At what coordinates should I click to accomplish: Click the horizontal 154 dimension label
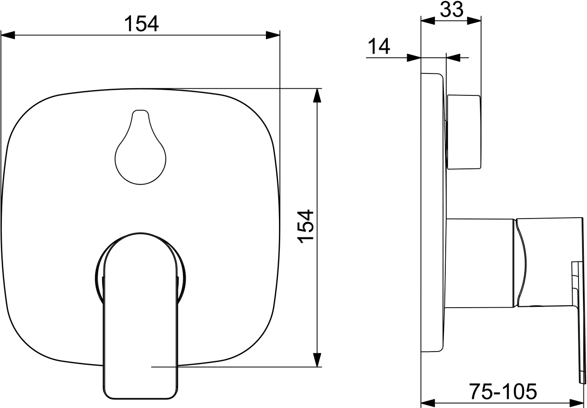[141, 23]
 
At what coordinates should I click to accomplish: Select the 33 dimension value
[451, 9]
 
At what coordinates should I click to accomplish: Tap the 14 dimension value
[379, 46]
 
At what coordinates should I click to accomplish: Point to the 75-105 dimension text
[503, 392]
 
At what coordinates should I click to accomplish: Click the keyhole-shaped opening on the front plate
[141, 150]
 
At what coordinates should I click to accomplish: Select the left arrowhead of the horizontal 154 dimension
[8, 35]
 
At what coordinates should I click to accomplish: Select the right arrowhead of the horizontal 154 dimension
[273, 35]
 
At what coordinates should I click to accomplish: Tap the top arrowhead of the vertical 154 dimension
[317, 95]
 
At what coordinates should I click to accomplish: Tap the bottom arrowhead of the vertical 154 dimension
[317, 360]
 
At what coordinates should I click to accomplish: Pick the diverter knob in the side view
[464, 132]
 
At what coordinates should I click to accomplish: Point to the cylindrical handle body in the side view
[480, 263]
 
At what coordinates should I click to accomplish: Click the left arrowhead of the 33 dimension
[428, 21]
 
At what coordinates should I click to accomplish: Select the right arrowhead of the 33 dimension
[474, 21]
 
